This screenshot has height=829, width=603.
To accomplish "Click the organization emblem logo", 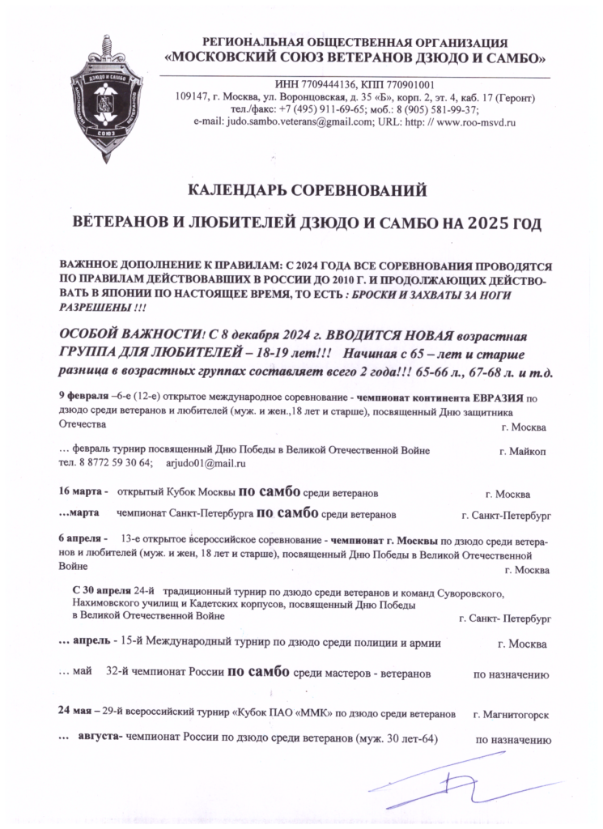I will click(107, 89).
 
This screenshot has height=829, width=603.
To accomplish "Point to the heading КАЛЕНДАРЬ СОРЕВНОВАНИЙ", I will click(307, 191).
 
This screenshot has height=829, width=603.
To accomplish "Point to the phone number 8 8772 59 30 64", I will click(113, 463).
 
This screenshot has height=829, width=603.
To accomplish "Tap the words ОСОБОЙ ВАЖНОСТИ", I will click(129, 335).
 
